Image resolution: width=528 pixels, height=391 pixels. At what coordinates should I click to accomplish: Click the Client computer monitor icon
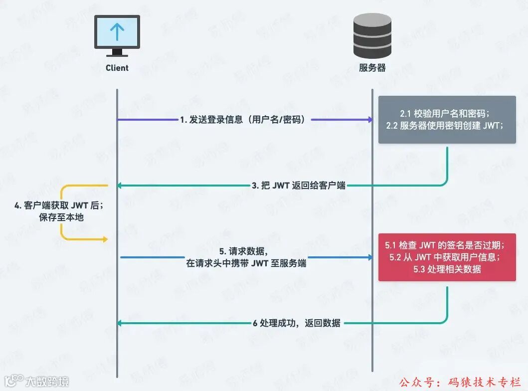point(117,35)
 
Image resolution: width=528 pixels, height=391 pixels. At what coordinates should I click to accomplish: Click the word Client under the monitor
point(117,68)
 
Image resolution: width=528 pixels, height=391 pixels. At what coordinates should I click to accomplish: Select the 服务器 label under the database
point(372,68)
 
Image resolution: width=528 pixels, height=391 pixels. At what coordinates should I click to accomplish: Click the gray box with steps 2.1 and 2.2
point(447,120)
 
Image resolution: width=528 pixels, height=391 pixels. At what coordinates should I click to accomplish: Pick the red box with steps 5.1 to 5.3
point(447,257)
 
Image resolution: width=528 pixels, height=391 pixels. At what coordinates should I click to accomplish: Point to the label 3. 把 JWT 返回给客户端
point(298,186)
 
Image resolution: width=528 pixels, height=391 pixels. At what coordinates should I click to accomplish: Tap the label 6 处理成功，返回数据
point(297,323)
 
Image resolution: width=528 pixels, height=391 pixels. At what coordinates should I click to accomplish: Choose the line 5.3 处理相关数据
point(447,269)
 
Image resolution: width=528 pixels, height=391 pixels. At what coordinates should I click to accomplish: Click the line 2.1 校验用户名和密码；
point(447,114)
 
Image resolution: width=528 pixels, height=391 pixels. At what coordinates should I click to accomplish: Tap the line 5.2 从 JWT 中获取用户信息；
point(447,257)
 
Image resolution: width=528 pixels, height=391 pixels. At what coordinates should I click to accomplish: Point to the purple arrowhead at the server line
point(369,120)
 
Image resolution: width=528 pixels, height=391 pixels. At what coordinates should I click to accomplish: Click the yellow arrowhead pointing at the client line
point(105,240)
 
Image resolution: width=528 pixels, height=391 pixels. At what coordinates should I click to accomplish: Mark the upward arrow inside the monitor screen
point(117,31)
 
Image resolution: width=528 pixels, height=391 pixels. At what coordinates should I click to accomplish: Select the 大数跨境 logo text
point(47,382)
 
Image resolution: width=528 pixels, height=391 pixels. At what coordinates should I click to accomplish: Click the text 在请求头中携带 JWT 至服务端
point(246,263)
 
